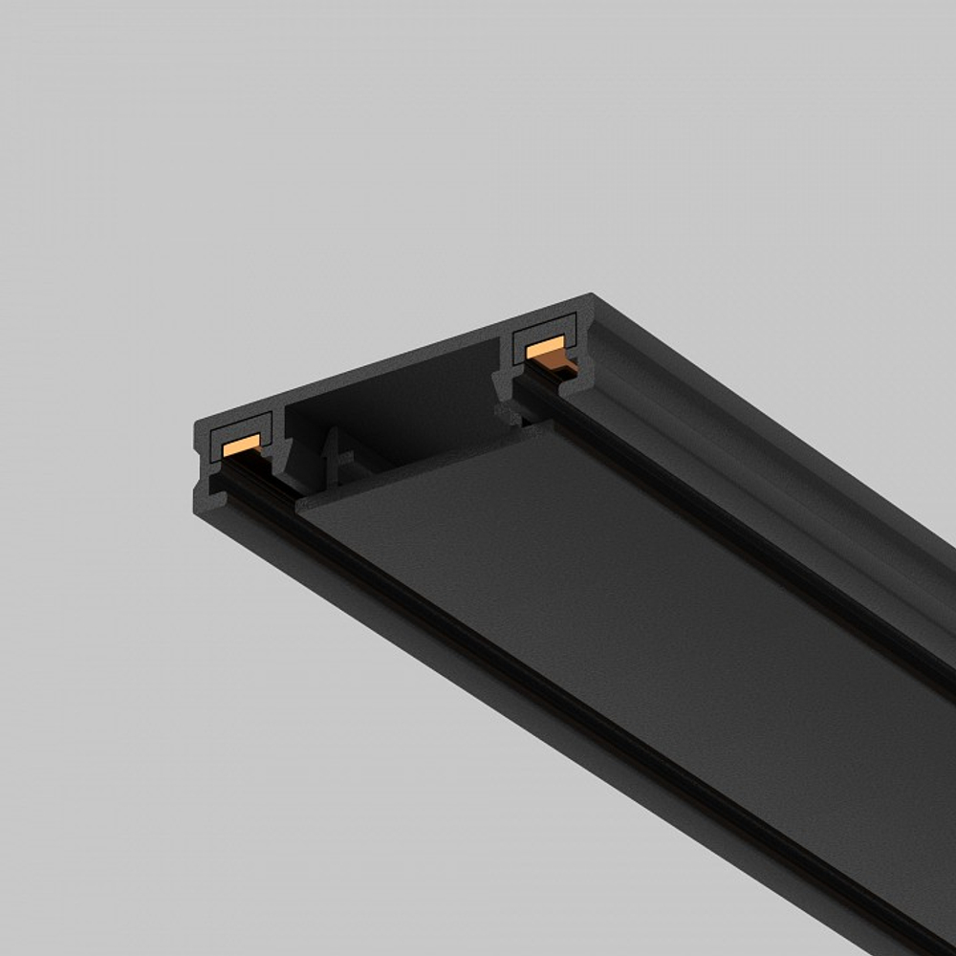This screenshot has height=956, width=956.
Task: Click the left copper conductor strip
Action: pos(241,443)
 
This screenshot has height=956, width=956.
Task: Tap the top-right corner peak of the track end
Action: pos(591,295)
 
